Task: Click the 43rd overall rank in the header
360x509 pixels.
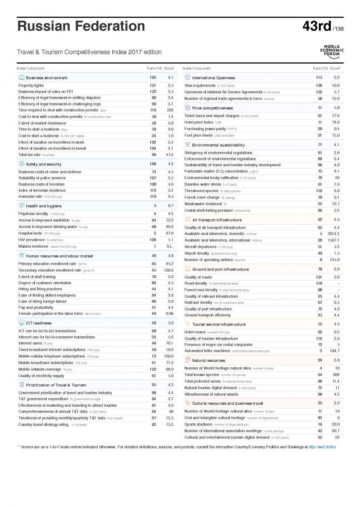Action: point(316,26)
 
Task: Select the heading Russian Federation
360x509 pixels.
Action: point(81,26)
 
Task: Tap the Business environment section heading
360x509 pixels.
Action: point(47,78)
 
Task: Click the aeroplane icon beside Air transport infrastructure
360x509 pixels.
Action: point(188,220)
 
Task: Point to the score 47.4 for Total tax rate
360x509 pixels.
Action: point(169,155)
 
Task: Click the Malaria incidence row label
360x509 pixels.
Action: point(34,246)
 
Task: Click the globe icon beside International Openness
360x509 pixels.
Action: point(188,78)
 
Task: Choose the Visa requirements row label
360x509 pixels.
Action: point(200,85)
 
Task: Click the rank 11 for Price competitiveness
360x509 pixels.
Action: point(320,108)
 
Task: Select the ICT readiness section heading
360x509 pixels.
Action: point(39,323)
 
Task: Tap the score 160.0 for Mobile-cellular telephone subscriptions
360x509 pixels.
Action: point(169,356)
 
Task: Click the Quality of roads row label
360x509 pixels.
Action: point(198,277)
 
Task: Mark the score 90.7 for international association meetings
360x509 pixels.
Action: point(335,431)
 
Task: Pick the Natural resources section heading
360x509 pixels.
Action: point(208,361)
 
